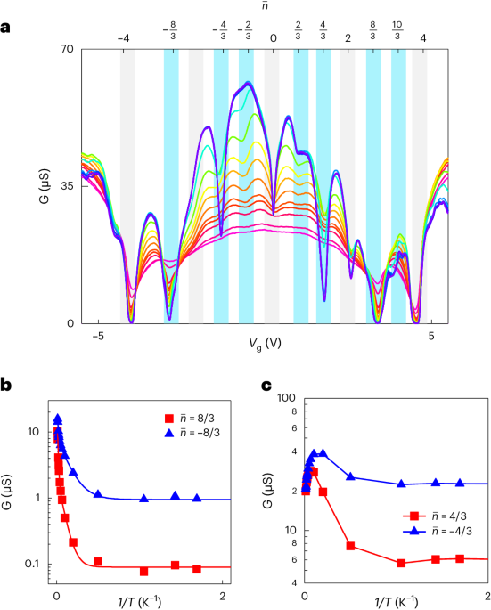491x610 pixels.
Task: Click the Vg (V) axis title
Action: point(265,341)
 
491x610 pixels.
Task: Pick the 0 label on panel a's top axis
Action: point(273,37)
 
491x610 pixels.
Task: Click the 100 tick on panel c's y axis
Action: point(291,397)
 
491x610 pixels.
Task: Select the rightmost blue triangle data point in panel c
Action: point(460,483)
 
